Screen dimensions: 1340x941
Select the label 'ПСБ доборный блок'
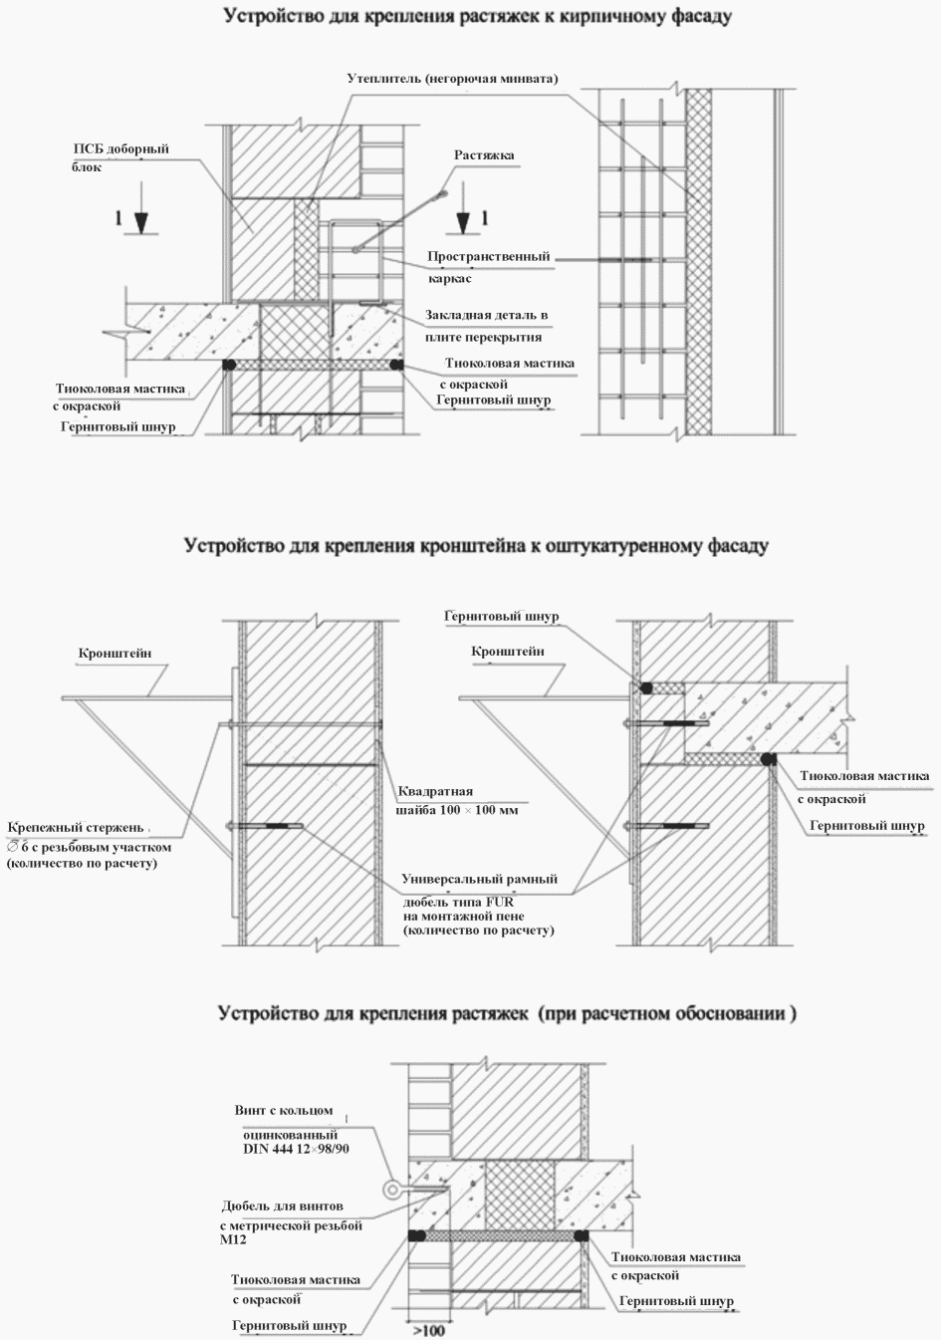click(120, 157)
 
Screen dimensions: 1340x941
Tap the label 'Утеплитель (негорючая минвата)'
click(452, 79)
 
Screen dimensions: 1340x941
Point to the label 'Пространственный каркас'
click(488, 267)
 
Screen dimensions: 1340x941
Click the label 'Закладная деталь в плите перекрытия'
click(487, 326)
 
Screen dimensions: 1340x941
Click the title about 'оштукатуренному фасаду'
click(475, 547)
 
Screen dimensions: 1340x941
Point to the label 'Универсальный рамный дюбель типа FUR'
click(478, 904)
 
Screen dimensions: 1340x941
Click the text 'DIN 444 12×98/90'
click(303, 1149)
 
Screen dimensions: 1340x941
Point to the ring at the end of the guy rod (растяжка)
click(445, 195)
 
